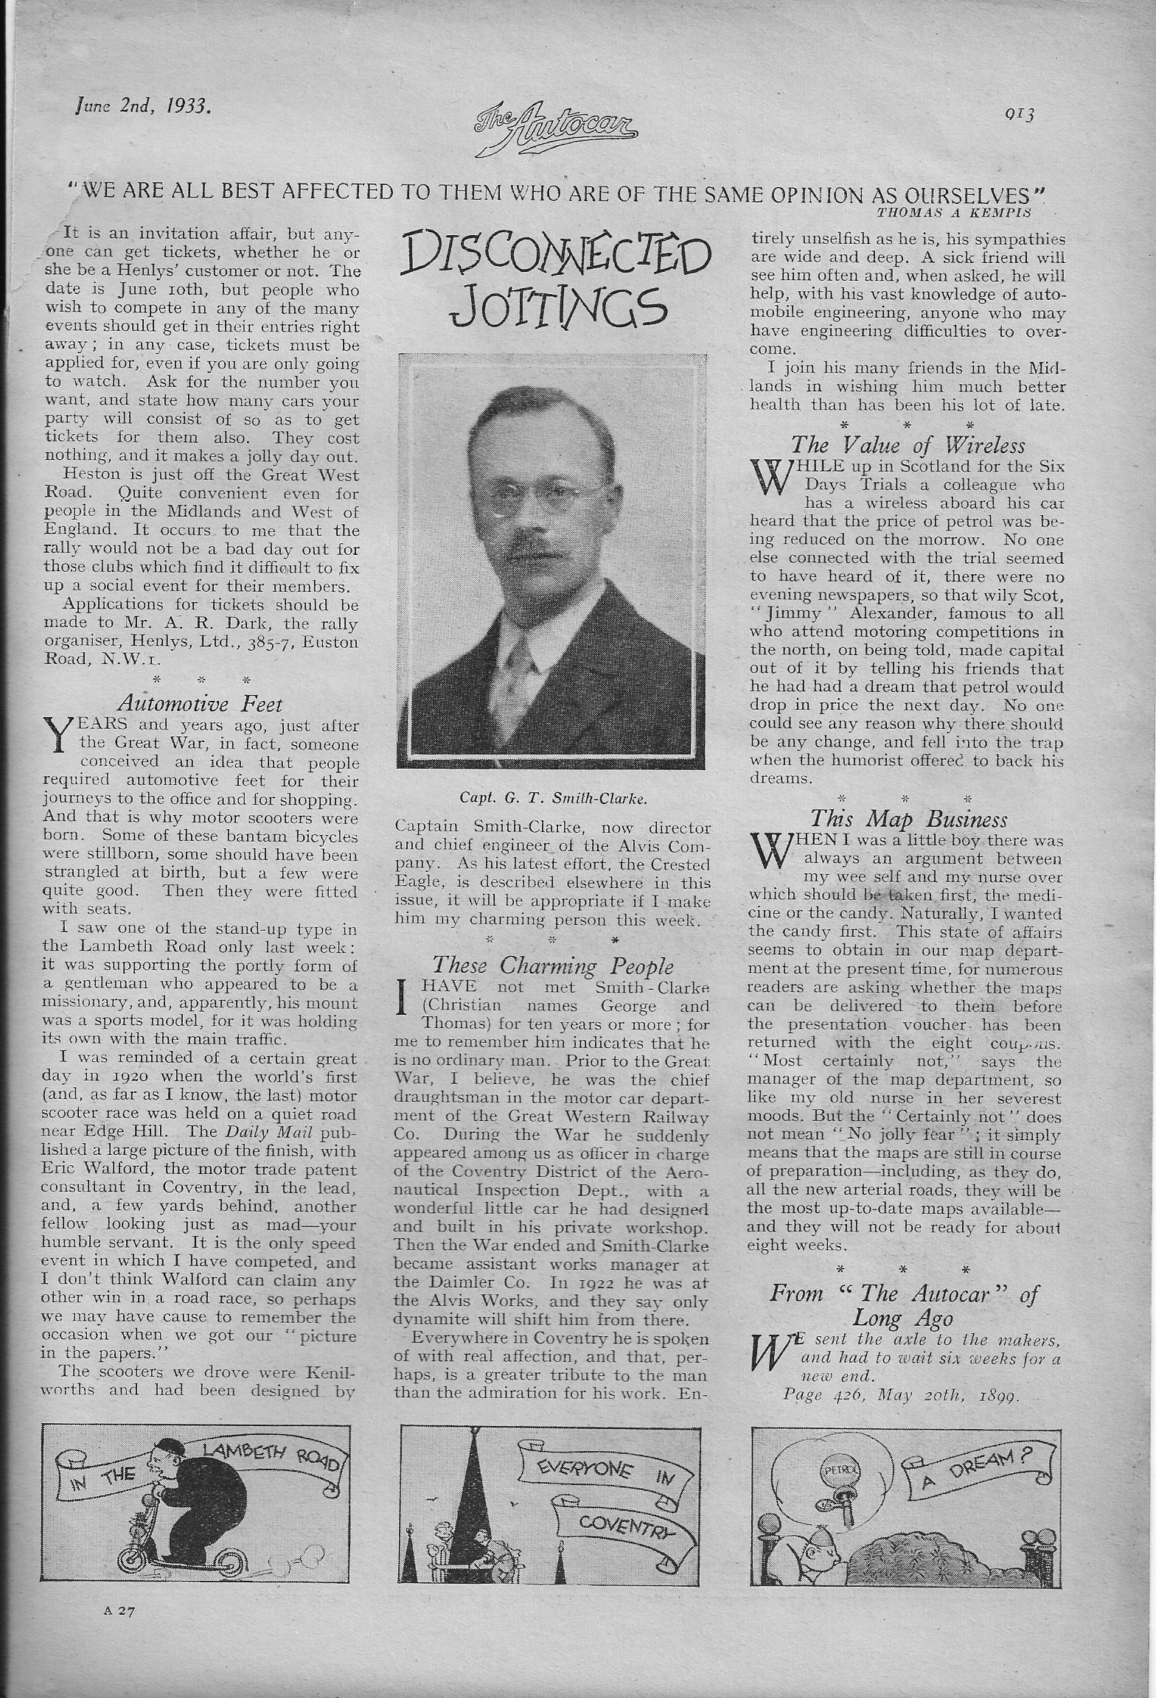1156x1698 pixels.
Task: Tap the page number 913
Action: click(1020, 115)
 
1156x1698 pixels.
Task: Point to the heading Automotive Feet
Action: click(199, 705)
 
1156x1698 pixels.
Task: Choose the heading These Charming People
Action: click(552, 965)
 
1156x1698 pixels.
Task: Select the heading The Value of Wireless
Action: click(908, 445)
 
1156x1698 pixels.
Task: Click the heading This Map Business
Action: click(908, 819)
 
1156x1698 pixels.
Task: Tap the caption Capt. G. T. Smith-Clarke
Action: click(551, 797)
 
